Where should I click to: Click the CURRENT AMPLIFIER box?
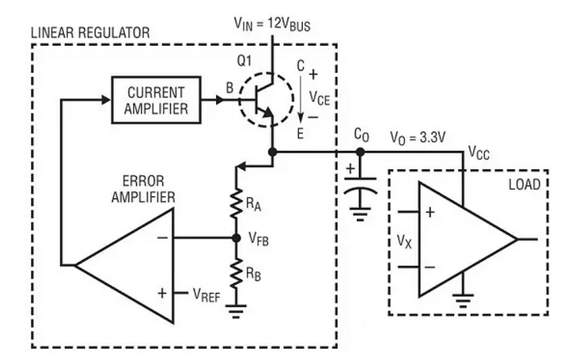click(x=156, y=100)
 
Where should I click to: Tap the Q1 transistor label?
click(x=244, y=61)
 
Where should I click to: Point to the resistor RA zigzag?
click(x=237, y=203)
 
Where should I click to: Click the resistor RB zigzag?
click(x=237, y=273)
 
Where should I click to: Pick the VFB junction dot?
click(x=237, y=237)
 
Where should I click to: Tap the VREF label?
click(x=206, y=294)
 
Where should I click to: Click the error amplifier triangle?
click(x=124, y=265)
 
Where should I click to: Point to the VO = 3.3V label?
click(x=418, y=138)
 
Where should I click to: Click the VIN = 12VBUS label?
click(x=272, y=24)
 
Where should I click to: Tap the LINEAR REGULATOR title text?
click(x=90, y=32)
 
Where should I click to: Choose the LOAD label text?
click(x=524, y=184)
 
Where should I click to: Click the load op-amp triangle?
click(x=467, y=239)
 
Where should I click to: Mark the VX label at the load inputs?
click(x=404, y=241)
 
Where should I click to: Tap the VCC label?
click(x=479, y=153)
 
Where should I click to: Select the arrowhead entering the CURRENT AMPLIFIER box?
click(x=106, y=100)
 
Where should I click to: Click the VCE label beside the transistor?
click(x=320, y=98)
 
